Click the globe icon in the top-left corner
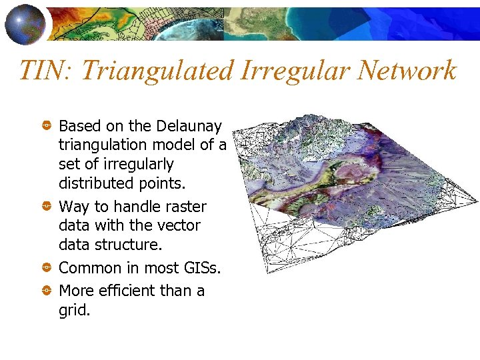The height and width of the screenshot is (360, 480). [26, 23]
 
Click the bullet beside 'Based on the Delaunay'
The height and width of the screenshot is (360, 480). [47, 125]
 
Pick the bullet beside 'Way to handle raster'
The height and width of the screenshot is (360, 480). [47, 207]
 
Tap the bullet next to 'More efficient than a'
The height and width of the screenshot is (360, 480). [47, 291]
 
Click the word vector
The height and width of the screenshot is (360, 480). [179, 226]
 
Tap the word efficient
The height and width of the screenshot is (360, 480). [126, 291]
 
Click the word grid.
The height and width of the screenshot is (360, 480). [73, 310]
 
